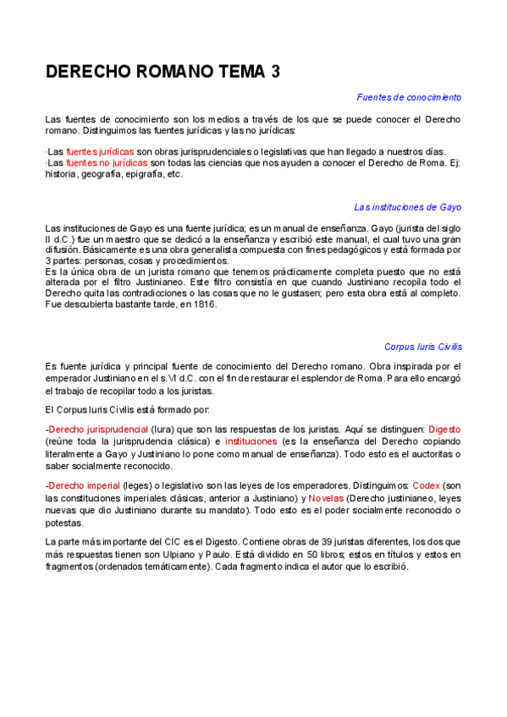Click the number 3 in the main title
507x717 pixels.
[275, 73]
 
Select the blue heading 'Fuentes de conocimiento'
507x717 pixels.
[409, 97]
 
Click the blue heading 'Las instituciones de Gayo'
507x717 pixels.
[407, 207]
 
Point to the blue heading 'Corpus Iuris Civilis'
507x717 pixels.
[422, 347]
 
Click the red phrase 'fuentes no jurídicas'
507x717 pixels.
[107, 162]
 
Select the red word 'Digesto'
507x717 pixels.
[444, 430]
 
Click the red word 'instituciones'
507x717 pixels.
[251, 441]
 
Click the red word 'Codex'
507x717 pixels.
[427, 486]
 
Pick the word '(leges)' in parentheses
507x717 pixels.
[136, 486]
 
